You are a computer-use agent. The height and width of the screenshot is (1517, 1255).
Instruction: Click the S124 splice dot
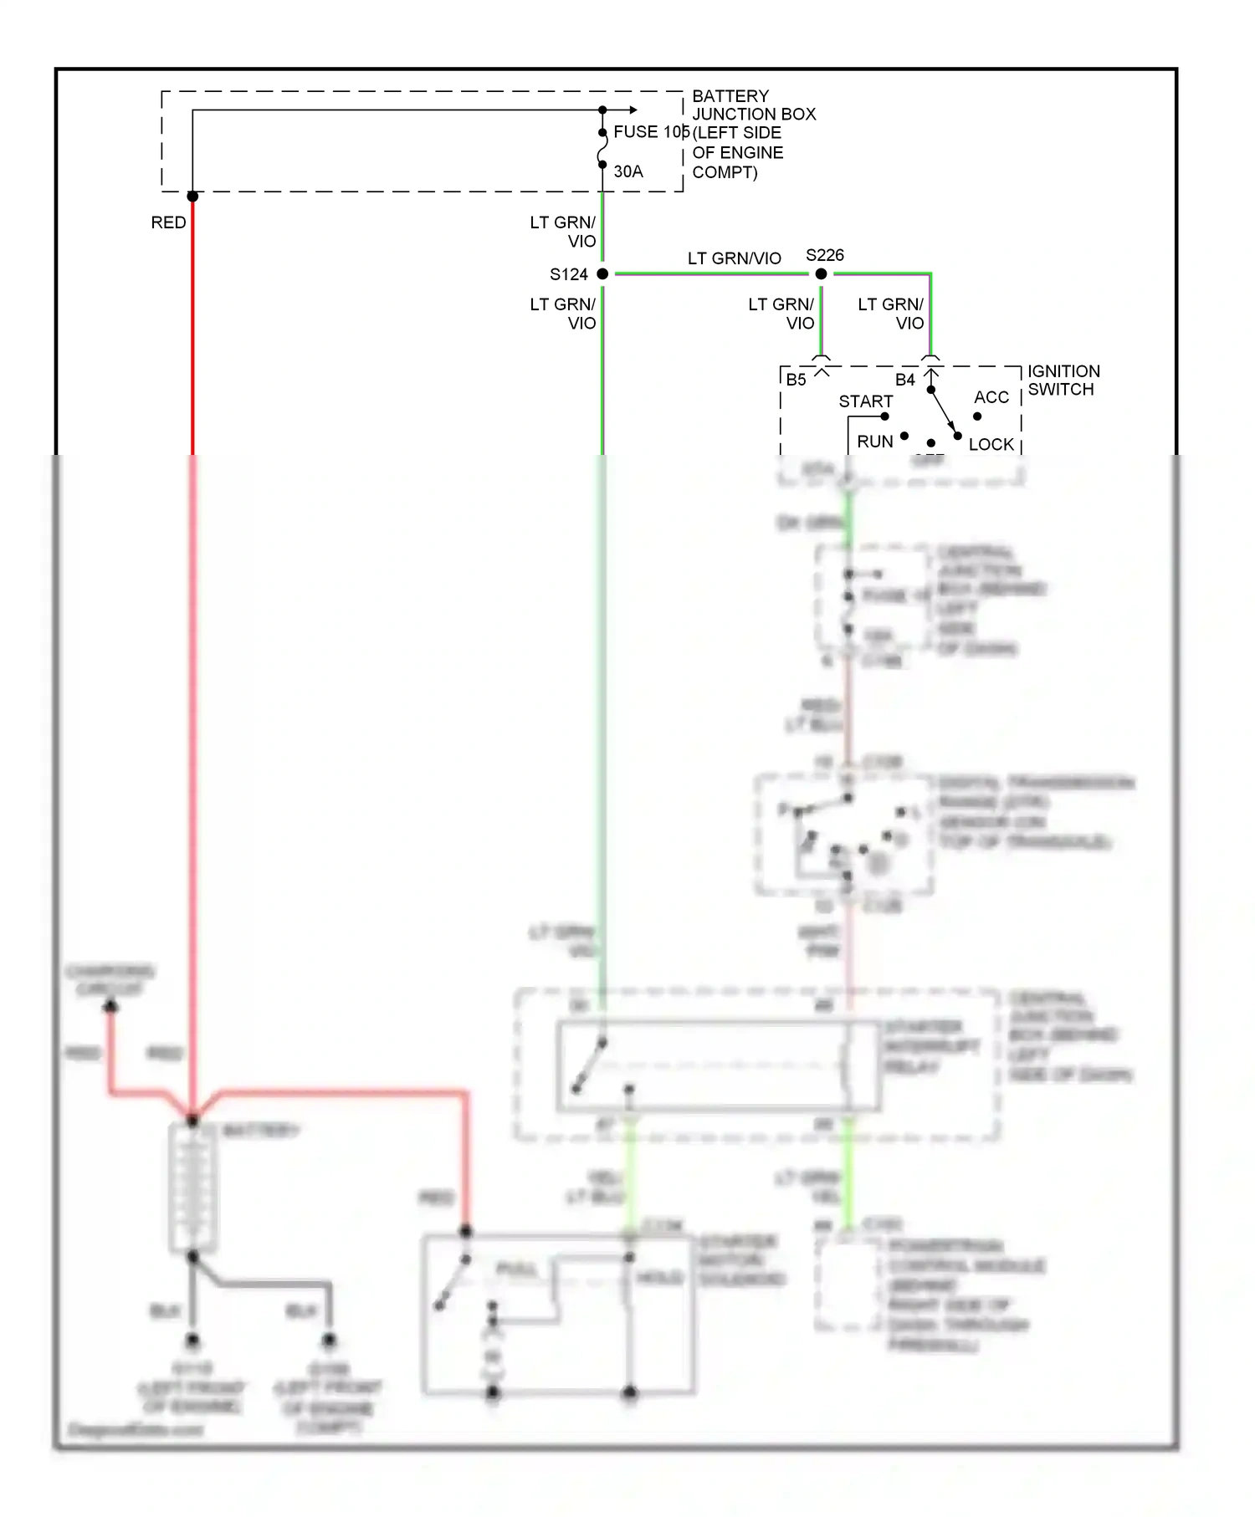coord(602,273)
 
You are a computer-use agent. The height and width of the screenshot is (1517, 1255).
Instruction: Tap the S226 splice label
coord(824,255)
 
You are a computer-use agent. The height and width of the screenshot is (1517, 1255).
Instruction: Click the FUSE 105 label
coord(651,132)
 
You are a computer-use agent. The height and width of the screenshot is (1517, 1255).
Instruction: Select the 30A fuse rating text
coord(628,171)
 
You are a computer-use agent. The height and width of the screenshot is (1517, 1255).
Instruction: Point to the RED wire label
coord(168,222)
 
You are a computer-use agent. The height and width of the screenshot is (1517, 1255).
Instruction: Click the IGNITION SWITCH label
coord(1063,381)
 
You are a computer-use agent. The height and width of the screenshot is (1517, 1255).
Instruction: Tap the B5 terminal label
coord(796,380)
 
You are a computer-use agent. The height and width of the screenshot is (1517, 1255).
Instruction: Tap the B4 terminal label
coord(905,380)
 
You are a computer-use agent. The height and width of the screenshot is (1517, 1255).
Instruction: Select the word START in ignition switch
coord(865,401)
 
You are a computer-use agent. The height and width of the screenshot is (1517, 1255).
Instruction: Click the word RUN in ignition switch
coord(874,442)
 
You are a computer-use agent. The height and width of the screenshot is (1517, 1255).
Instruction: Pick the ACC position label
coord(991,397)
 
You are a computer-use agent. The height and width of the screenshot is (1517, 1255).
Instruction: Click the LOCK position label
coord(991,445)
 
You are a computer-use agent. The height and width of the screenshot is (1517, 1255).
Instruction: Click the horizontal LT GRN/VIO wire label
coord(734,258)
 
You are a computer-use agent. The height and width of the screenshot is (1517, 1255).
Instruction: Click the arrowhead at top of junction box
coord(633,110)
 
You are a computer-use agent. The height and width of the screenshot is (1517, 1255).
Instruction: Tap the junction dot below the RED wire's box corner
coord(192,197)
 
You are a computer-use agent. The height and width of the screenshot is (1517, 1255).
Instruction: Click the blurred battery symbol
coord(192,1188)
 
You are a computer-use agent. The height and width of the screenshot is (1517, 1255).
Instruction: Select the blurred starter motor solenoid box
coord(559,1313)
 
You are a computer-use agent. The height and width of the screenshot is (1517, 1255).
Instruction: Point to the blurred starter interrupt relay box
coord(718,1066)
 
